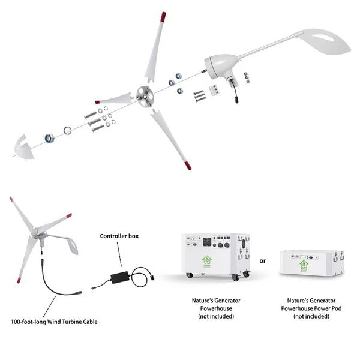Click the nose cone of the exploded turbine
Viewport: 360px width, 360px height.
pos(24,146)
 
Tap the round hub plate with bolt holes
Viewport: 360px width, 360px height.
pos(145,94)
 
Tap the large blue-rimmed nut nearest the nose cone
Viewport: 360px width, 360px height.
pos(49,138)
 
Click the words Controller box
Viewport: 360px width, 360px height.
pos(119,236)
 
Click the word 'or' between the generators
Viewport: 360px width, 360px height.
pos(262,261)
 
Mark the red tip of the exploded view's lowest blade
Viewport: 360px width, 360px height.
pos(187,164)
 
